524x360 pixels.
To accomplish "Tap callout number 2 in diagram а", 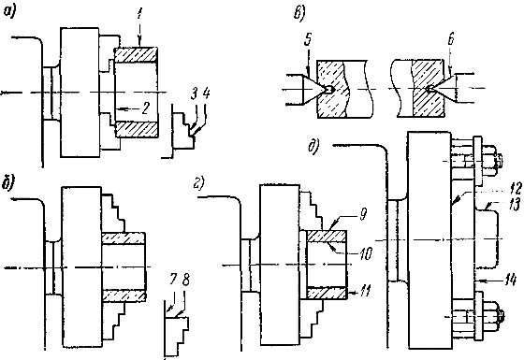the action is (145, 108).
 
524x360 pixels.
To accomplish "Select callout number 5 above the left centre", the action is (308, 39).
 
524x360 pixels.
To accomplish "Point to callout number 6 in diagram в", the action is (450, 39).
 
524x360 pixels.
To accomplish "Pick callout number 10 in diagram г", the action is (366, 253).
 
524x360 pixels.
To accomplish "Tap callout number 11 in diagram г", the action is (365, 292).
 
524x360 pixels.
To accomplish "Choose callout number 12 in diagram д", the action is (516, 189).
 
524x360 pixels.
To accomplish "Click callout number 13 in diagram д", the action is (516, 204).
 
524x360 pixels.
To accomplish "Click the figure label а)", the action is (9, 12).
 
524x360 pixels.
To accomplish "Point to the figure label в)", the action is (299, 14).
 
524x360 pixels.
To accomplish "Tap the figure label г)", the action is (199, 183).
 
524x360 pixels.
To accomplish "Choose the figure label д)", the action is (313, 147).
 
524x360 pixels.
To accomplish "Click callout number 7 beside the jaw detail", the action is (173, 281).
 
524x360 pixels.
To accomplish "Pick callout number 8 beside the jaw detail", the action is (186, 280).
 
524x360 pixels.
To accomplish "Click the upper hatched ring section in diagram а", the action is (136, 55).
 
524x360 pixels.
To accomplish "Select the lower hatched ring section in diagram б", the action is (124, 295).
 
